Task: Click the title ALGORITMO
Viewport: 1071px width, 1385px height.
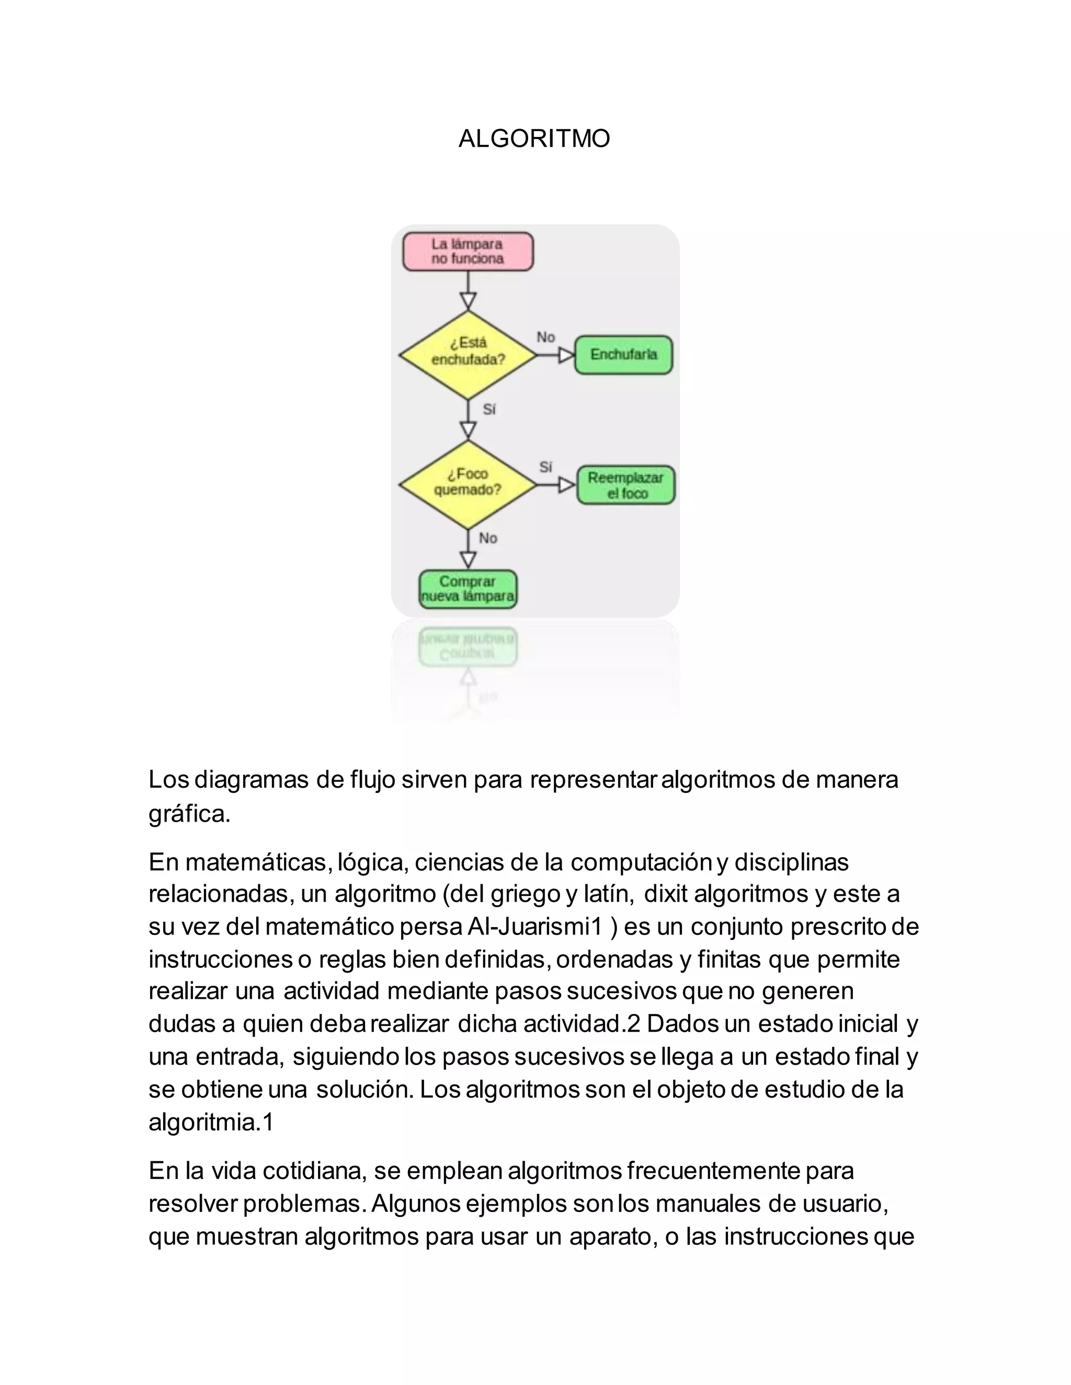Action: pos(534,138)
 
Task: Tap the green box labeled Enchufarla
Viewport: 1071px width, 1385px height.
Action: pos(623,354)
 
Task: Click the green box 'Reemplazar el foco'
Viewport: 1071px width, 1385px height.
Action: pos(625,485)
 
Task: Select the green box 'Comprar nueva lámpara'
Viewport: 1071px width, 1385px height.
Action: pos(468,589)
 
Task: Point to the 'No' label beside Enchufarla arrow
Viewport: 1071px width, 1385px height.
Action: pos(545,337)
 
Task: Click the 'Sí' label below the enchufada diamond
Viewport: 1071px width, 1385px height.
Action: pos(489,410)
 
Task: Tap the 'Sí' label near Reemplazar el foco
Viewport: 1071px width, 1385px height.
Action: pos(545,467)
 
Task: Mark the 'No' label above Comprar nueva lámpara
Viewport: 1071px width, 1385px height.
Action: pos(488,538)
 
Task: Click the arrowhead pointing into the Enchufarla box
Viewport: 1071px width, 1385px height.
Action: pos(566,355)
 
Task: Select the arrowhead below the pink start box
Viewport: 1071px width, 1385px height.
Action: pos(468,301)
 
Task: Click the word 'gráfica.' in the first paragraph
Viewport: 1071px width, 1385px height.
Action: pos(189,814)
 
